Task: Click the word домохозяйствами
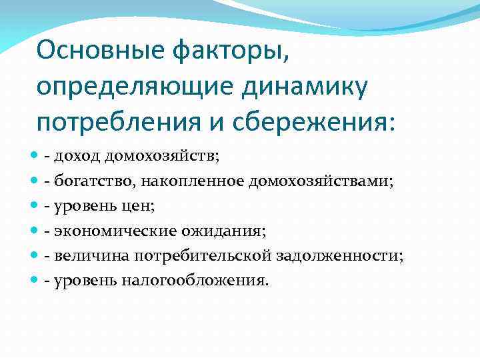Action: [322, 182]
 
